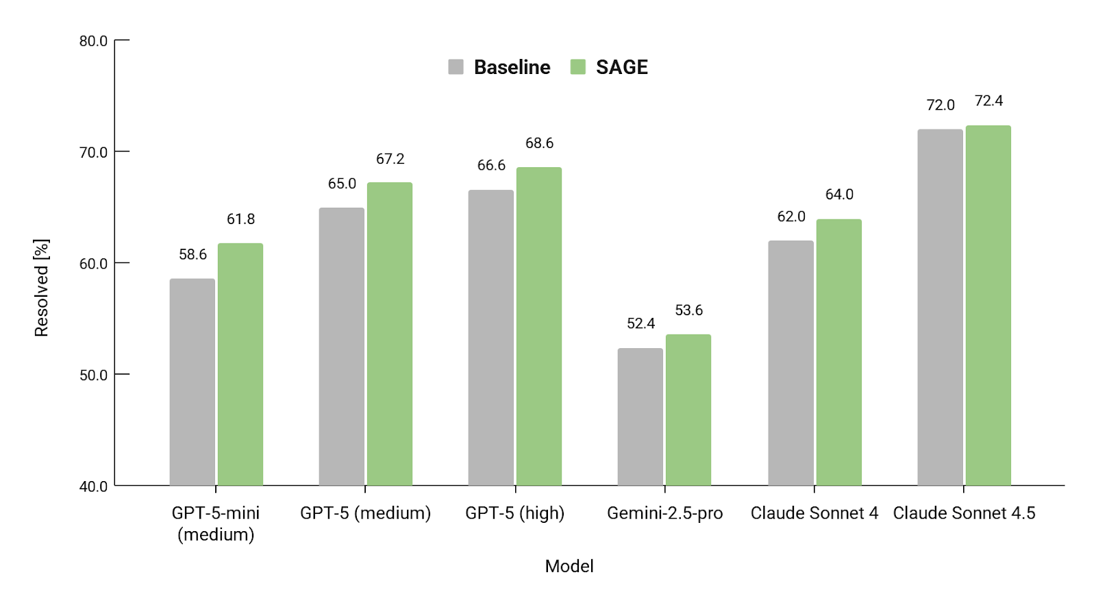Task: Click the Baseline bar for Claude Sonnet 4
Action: [x=790, y=363]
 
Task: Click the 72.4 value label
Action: [x=988, y=101]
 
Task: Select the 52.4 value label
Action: [x=640, y=323]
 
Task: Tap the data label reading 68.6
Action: [x=539, y=143]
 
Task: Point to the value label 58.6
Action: [x=192, y=255]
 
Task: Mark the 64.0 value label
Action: [x=839, y=195]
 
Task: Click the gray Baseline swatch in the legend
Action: [x=456, y=67]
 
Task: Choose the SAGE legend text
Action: [x=621, y=67]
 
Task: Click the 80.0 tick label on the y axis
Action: [x=93, y=41]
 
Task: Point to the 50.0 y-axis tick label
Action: [x=93, y=375]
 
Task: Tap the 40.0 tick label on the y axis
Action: [x=93, y=487]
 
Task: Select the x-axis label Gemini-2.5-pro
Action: [x=664, y=513]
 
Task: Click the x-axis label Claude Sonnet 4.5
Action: [x=964, y=513]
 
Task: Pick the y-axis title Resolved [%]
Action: [x=42, y=288]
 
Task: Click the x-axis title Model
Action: [x=569, y=566]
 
